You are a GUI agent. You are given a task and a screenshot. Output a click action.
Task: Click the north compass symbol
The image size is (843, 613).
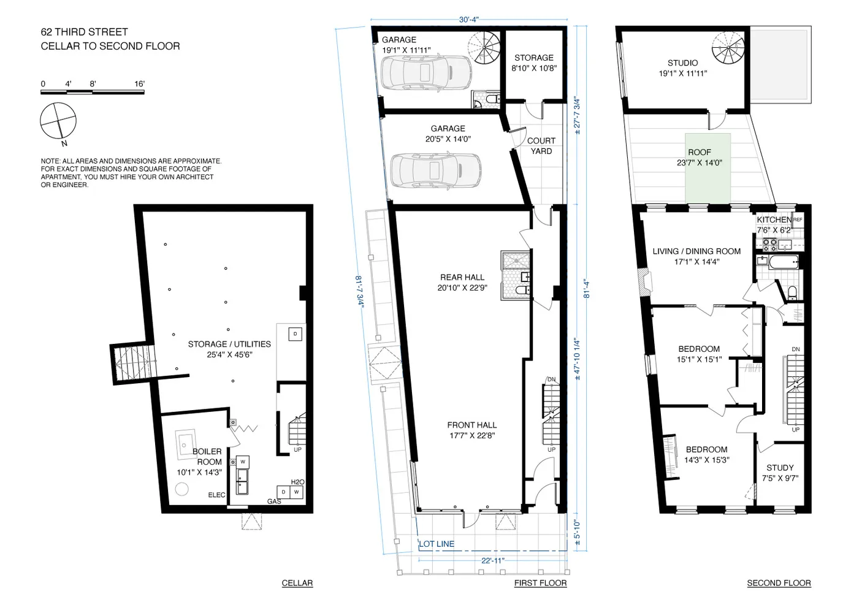point(59,121)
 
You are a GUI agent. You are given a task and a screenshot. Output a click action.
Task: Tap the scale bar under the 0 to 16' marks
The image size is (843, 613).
point(92,93)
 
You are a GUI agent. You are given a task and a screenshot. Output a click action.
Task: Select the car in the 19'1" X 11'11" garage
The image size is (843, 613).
point(418,72)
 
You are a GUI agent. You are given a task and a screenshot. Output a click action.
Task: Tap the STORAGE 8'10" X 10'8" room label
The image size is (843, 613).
point(533,63)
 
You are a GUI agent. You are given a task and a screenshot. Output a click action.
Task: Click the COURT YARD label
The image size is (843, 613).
point(541,146)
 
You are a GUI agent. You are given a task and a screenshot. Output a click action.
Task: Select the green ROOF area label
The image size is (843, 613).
point(699,158)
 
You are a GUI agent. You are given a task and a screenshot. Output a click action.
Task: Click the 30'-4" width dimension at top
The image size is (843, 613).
point(468,20)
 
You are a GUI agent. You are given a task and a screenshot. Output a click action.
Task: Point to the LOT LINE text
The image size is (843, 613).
point(437,544)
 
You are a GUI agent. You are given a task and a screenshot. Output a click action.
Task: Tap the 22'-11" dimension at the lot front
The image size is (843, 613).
point(494,560)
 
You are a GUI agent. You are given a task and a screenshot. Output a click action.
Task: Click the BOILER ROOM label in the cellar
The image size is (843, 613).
point(207,457)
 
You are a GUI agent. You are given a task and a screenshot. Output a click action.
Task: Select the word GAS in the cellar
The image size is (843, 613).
point(274,501)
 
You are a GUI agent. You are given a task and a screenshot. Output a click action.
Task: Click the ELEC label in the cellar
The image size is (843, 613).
point(216,495)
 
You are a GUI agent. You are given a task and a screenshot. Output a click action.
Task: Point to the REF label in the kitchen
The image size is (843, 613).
point(798,219)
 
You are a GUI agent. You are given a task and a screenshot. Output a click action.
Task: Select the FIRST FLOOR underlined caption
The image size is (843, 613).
point(540,583)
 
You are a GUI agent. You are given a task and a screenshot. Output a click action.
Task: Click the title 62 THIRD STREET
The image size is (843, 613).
point(84,32)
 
